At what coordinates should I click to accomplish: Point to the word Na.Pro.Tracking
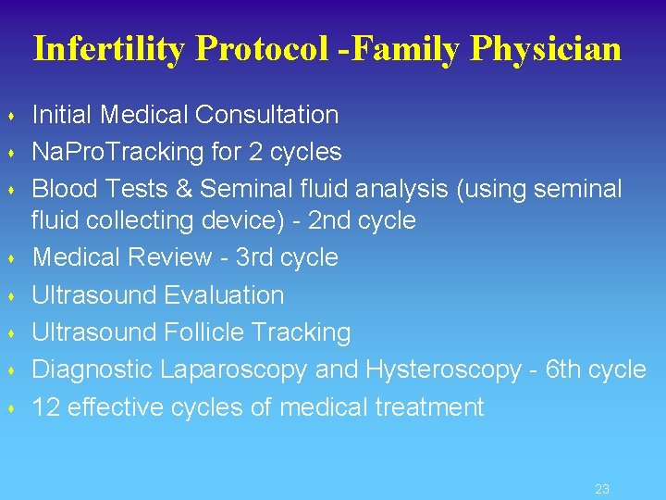coord(123,152)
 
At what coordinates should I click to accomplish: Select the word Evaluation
coord(224,295)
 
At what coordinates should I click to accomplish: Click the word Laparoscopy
coord(234,369)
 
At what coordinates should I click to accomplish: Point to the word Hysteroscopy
coord(444,369)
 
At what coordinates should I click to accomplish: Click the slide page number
coord(602,489)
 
